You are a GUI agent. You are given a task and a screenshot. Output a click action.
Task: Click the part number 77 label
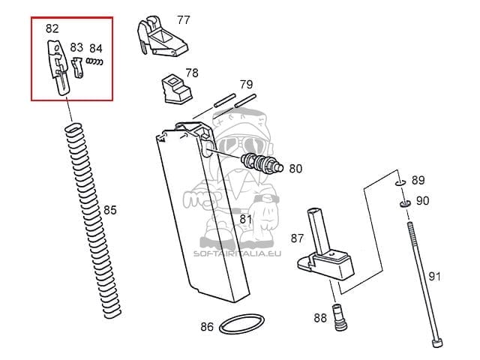tap(183, 20)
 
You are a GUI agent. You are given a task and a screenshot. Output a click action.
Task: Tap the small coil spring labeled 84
tap(94, 61)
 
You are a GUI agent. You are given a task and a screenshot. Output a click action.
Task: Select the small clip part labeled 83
tap(77, 68)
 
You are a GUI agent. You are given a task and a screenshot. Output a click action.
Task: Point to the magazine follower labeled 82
tap(58, 68)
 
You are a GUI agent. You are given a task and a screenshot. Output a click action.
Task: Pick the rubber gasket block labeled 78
tap(177, 88)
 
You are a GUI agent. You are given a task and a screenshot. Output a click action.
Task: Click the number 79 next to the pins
tap(246, 85)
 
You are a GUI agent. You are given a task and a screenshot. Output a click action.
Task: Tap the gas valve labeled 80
tap(262, 163)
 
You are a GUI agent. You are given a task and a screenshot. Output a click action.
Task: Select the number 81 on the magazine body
tap(245, 219)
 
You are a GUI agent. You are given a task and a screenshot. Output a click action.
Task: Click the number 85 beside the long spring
tap(110, 210)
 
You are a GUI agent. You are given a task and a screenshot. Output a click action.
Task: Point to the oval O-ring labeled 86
tap(241, 324)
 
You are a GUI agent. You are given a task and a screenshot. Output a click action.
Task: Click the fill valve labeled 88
tap(340, 317)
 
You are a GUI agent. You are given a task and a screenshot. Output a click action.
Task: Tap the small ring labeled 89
tap(400, 183)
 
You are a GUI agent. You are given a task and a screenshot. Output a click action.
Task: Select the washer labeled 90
tap(405, 203)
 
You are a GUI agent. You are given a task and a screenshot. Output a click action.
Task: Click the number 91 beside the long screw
tap(434, 277)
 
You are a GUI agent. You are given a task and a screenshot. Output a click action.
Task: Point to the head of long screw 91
tap(436, 343)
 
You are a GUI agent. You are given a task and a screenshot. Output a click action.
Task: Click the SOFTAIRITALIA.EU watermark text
tap(237, 253)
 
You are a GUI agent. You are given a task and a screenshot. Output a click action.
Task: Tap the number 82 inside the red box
tap(52, 28)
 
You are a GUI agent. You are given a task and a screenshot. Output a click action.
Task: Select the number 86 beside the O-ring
tap(207, 327)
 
